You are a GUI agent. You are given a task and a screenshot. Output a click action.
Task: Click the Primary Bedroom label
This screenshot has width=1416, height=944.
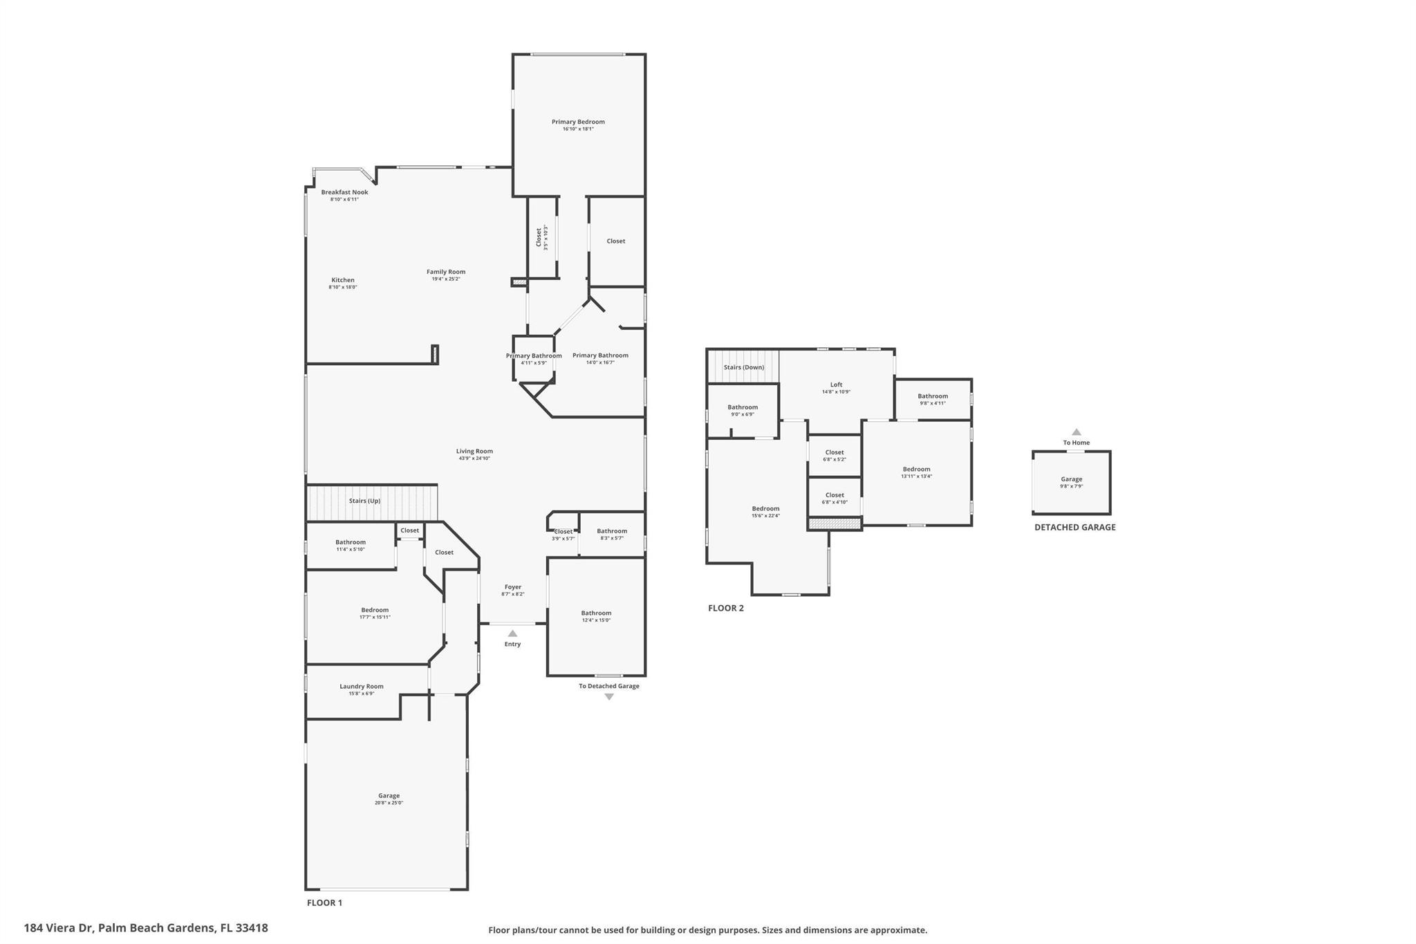tap(578, 122)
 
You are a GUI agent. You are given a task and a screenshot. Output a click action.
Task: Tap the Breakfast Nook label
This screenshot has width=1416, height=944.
tap(344, 192)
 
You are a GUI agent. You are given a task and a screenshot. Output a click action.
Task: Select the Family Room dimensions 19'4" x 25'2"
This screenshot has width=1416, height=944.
tap(446, 279)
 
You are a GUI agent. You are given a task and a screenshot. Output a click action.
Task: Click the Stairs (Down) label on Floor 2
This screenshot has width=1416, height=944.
tap(743, 367)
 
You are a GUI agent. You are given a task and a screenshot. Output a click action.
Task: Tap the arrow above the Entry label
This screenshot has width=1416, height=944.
tap(512, 633)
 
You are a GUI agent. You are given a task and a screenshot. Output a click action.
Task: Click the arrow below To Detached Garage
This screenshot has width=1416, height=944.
tap(609, 697)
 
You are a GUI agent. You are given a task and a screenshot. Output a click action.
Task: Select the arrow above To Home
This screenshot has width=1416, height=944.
tap(1076, 432)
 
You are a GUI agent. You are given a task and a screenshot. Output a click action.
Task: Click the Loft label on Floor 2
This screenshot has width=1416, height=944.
tap(836, 385)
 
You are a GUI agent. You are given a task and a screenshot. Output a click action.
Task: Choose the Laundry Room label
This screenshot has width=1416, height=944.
tap(361, 686)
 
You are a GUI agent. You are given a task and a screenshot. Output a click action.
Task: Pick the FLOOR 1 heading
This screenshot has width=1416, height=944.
tap(324, 903)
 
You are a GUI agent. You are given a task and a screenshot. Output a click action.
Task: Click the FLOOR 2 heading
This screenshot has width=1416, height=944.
tap(725, 608)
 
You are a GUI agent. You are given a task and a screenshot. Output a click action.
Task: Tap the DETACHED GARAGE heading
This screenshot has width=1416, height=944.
tap(1074, 527)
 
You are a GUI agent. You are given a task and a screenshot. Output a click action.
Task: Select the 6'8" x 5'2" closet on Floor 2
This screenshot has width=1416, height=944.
tap(835, 456)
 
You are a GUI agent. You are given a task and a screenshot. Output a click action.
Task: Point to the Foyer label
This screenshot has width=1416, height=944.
tap(512, 586)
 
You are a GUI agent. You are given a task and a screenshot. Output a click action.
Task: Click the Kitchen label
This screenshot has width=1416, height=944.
tap(342, 280)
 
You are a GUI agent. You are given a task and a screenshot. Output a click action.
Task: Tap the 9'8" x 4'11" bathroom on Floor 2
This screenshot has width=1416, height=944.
tap(933, 399)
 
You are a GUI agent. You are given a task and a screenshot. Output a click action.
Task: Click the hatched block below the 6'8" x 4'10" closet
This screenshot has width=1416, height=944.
tap(835, 524)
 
